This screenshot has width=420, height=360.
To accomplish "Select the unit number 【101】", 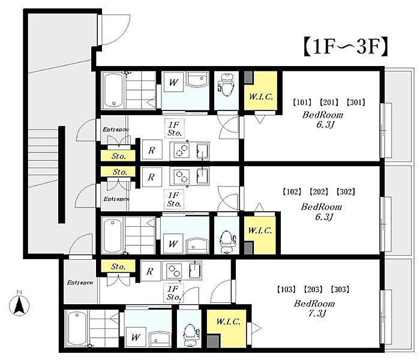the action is [302, 103].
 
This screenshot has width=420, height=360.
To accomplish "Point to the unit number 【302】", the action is [346, 192].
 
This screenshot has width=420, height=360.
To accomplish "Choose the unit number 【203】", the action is [313, 289].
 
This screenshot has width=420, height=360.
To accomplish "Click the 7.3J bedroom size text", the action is [317, 313].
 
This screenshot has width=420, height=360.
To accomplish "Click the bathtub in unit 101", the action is [113, 90].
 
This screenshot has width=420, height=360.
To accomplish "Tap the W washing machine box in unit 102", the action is [173, 244].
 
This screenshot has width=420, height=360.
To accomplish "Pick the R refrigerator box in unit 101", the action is [152, 150].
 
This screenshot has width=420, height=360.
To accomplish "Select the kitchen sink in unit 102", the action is [203, 176].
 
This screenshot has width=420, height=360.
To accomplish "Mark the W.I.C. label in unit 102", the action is [260, 230].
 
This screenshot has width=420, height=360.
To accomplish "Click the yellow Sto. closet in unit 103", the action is [118, 266].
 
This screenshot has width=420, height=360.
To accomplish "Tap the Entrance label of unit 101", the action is [115, 130].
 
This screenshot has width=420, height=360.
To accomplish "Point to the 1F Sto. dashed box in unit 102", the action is [174, 200].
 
